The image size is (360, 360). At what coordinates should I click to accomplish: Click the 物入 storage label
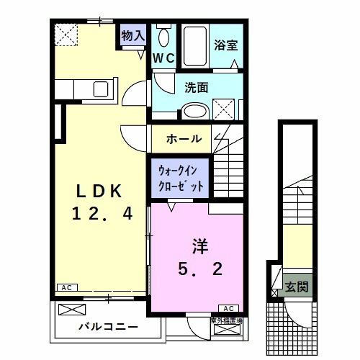click(x=134, y=35)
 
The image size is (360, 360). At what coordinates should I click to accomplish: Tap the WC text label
click(x=163, y=58)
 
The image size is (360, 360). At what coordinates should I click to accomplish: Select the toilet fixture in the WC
click(x=163, y=37)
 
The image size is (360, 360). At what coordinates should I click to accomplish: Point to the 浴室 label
click(x=225, y=45)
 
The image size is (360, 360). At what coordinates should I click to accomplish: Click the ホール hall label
click(x=184, y=138)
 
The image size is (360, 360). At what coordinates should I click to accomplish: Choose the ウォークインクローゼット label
click(x=181, y=178)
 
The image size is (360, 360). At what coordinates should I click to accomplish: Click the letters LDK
click(x=101, y=192)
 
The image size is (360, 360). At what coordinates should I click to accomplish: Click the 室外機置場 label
click(x=224, y=320)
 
